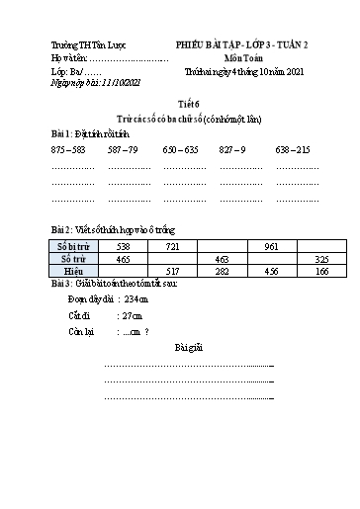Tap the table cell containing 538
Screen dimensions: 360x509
123,244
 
